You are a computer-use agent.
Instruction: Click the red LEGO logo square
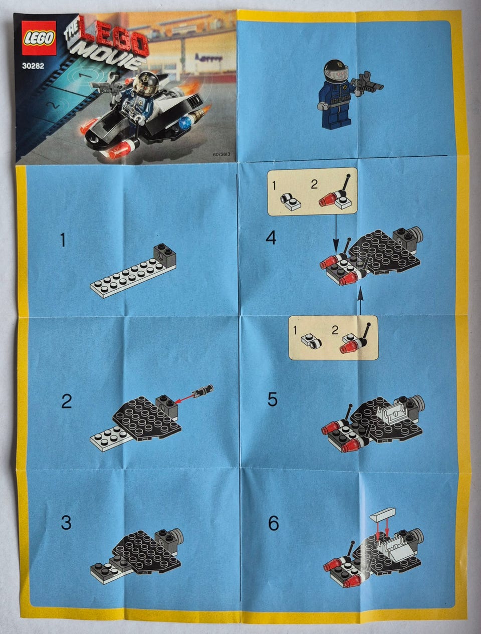(39, 38)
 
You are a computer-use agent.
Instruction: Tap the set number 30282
(33, 66)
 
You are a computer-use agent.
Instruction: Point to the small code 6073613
(221, 154)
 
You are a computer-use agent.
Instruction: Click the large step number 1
(63, 240)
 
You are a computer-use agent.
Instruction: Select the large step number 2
(67, 401)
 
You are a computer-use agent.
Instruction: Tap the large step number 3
(66, 523)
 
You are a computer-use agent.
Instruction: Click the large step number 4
(271, 239)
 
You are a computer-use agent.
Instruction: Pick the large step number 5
(272, 399)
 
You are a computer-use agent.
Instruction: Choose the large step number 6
(274, 523)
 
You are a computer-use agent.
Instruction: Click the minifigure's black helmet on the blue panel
(336, 69)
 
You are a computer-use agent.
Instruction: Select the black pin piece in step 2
(204, 389)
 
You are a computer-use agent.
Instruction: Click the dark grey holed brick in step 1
(164, 254)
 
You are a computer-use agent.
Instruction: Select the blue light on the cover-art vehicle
(184, 123)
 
